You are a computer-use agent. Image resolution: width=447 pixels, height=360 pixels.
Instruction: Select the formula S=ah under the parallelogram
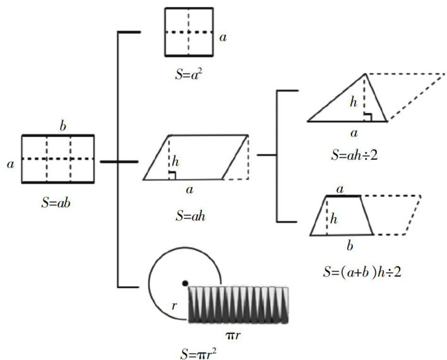tap(191, 215)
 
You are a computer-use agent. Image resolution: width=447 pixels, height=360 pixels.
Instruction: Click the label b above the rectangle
tap(63, 126)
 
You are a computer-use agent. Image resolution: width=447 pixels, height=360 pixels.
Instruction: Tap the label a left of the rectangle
tap(10, 164)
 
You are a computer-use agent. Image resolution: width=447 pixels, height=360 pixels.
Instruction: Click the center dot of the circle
tap(185, 282)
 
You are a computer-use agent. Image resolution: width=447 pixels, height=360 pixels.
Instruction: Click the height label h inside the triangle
tap(354, 101)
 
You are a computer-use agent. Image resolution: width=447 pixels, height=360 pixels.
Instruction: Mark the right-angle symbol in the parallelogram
tap(172, 176)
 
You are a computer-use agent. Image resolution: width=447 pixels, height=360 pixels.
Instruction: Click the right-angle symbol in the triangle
tap(369, 116)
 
